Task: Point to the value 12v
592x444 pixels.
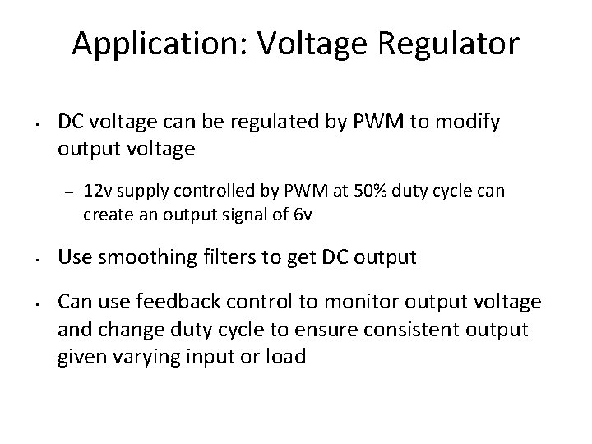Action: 98,192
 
